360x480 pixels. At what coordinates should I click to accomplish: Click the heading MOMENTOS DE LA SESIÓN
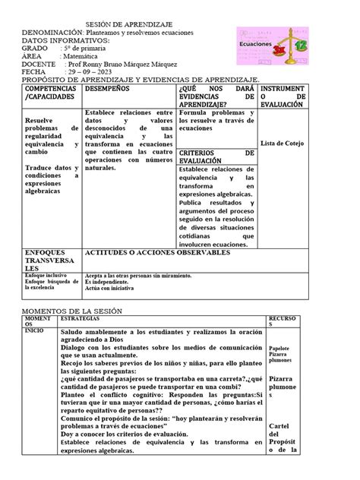tap(73, 311)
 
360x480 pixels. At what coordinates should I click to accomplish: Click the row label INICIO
tap(35, 331)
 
